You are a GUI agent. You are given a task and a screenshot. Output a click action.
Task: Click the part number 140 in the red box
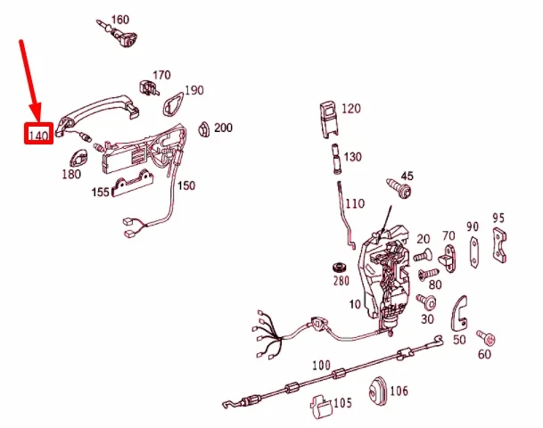[x=37, y=136]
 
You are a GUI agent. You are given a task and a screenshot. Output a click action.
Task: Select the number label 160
[x=119, y=20]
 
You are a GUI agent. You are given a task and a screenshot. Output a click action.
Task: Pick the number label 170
[x=161, y=75]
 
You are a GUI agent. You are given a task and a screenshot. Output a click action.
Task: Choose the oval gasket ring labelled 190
[x=169, y=106]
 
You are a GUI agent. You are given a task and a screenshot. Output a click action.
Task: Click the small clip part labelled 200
[x=203, y=129]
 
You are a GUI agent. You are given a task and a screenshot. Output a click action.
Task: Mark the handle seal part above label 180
[x=76, y=160]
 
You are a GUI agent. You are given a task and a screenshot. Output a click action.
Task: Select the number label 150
[x=185, y=185]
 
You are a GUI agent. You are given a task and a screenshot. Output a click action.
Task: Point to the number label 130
[x=353, y=157]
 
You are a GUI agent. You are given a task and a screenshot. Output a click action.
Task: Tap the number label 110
[x=355, y=203]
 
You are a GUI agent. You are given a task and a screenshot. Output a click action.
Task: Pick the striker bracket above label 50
[x=461, y=310]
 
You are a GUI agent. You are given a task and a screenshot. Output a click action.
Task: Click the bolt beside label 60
[x=485, y=337]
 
